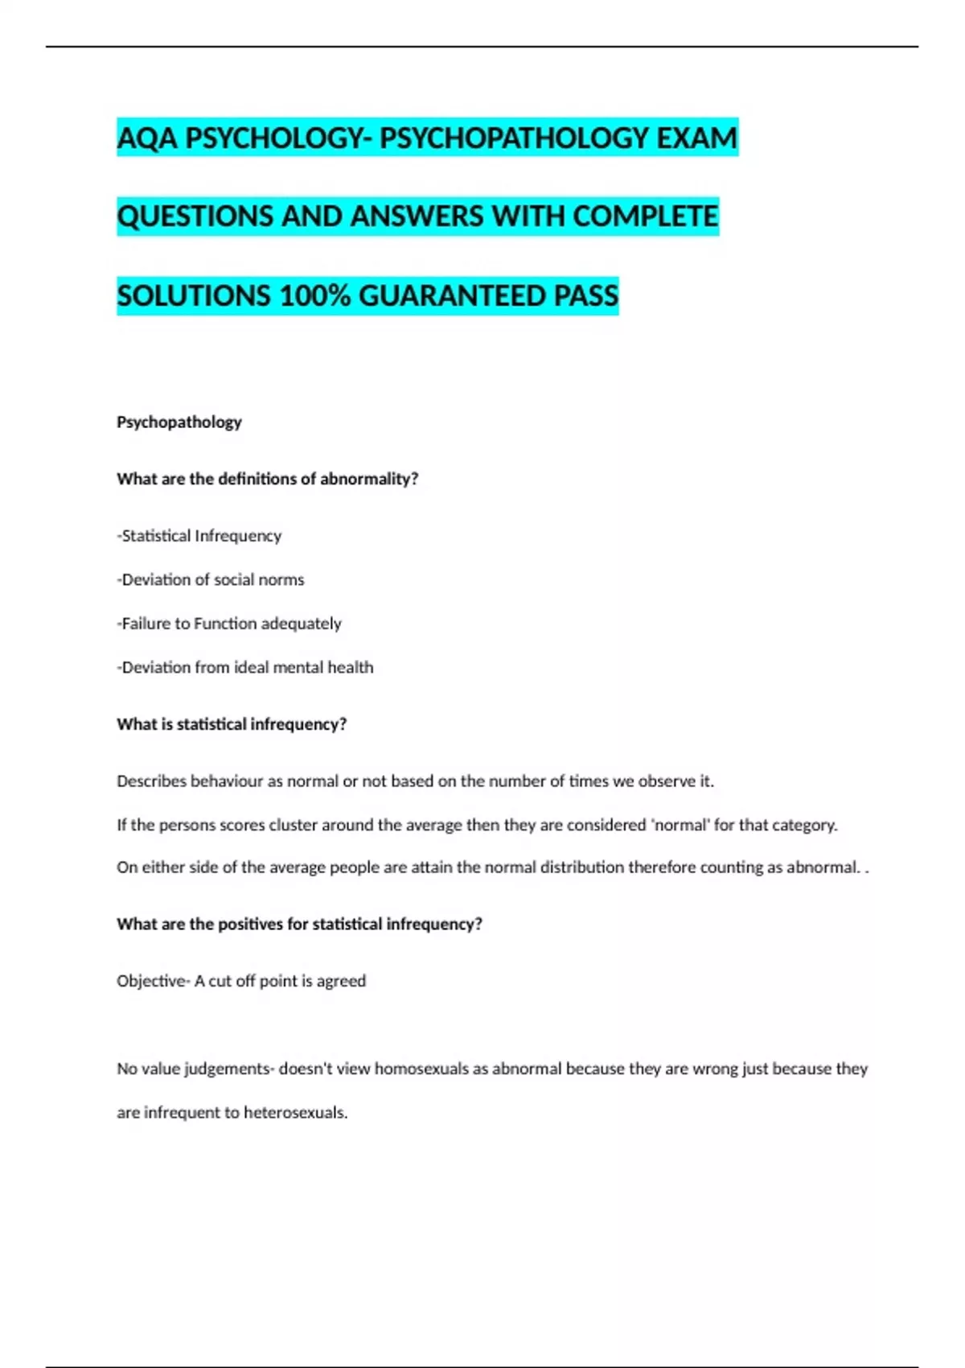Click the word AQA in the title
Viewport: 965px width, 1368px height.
147,138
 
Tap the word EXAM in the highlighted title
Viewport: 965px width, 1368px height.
696,138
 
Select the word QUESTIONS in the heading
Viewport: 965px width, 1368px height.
195,216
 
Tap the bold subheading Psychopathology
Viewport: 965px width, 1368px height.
179,422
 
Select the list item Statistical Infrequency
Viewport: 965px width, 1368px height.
199,536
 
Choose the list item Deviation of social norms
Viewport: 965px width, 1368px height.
211,579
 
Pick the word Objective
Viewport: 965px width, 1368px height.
150,981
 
